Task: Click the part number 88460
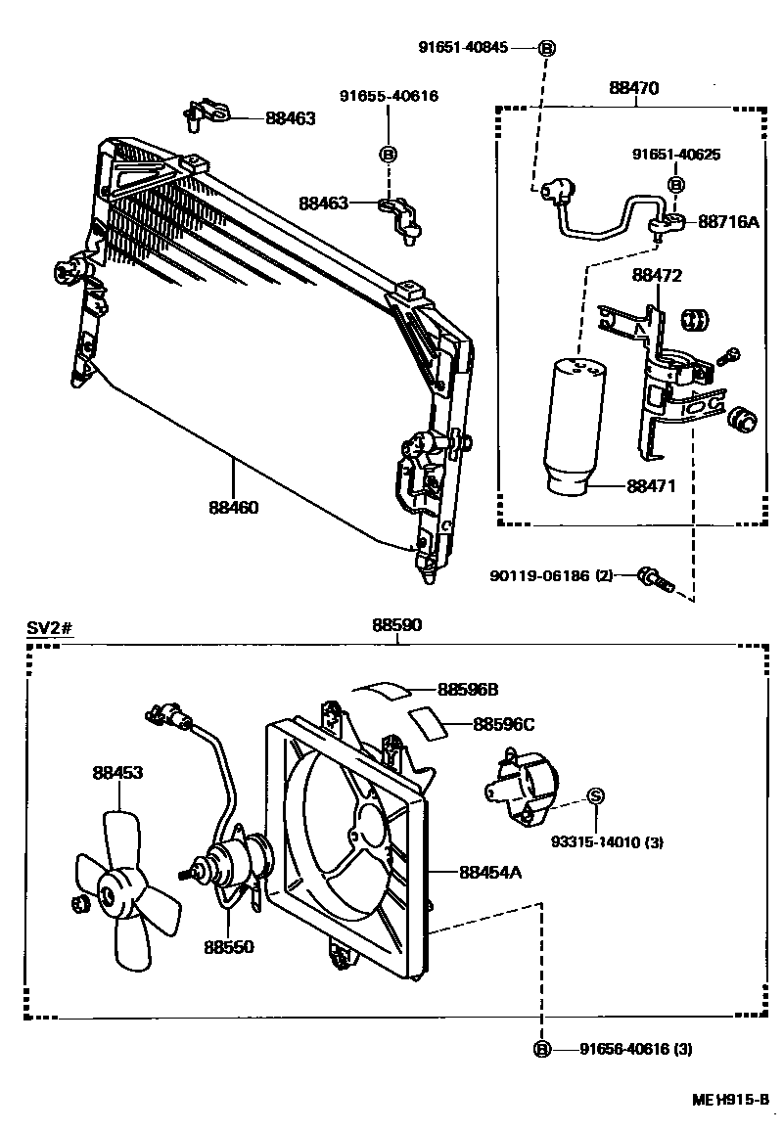pos(233,508)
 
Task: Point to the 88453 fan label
pos(117,773)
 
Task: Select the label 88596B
pos(468,689)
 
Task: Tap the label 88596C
pos(504,725)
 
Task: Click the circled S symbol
pos(593,797)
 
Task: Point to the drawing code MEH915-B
pos(729,1100)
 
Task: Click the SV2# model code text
pos(50,627)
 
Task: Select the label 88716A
pos(729,222)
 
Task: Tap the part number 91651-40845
pos(464,48)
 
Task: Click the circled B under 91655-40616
pos(388,155)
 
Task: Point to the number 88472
pos(657,276)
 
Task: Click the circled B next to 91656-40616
pos(542,1050)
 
